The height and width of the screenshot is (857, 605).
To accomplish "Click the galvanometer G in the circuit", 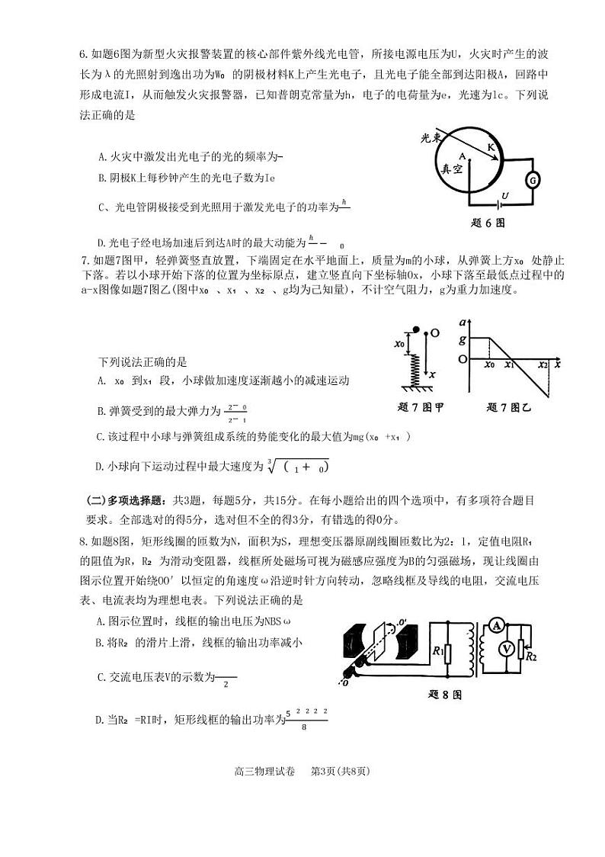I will tap(534, 180).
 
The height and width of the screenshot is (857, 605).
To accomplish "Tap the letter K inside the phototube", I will tap(491, 146).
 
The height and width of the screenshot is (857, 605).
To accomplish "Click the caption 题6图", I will tap(488, 223).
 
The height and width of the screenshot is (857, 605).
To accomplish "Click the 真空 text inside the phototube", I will tap(448, 169).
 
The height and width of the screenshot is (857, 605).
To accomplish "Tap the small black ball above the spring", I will tap(415, 330).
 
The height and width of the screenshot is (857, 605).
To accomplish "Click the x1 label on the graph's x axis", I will tap(509, 365).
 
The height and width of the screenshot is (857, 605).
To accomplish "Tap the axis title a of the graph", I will tap(463, 323).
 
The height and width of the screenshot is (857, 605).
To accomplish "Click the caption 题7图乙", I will tap(513, 406).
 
